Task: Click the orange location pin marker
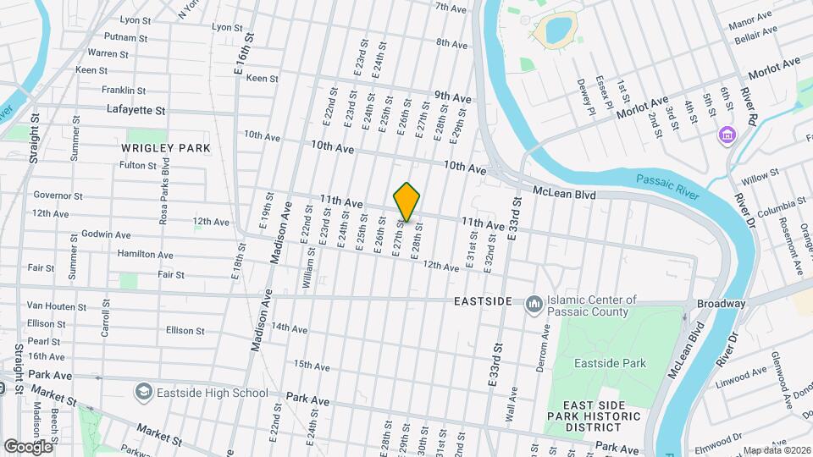tap(407, 201)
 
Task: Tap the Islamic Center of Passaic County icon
tap(534, 303)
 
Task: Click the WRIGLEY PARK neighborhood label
tap(165, 148)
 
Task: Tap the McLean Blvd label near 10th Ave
tap(564, 194)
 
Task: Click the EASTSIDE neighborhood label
tap(483, 301)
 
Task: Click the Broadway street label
tap(721, 304)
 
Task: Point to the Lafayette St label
tap(135, 110)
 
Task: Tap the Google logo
tap(27, 445)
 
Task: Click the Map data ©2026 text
tap(777, 450)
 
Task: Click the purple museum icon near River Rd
tap(725, 135)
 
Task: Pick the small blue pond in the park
tap(557, 30)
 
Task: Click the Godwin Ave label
tap(106, 234)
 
